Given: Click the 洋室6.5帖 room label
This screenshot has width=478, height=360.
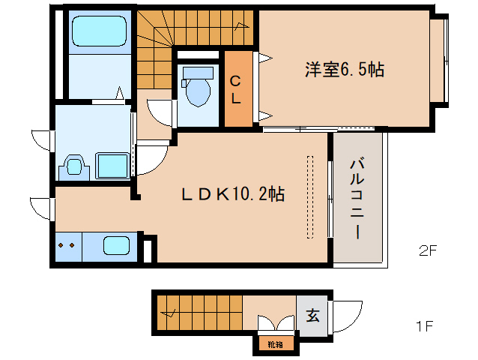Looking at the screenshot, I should click(x=344, y=70).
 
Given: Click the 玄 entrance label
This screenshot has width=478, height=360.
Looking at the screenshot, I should click(x=312, y=315).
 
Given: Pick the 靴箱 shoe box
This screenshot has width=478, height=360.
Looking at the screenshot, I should click(x=275, y=344).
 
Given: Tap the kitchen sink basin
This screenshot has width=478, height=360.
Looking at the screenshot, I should click(x=115, y=246).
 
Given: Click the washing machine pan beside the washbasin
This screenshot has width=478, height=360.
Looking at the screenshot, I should click(x=112, y=164).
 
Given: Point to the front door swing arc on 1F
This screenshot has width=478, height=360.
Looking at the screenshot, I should click(x=347, y=314).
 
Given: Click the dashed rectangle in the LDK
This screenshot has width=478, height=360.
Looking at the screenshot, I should click(x=309, y=194).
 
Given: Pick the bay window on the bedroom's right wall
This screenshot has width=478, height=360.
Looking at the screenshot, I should click(x=439, y=60).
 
